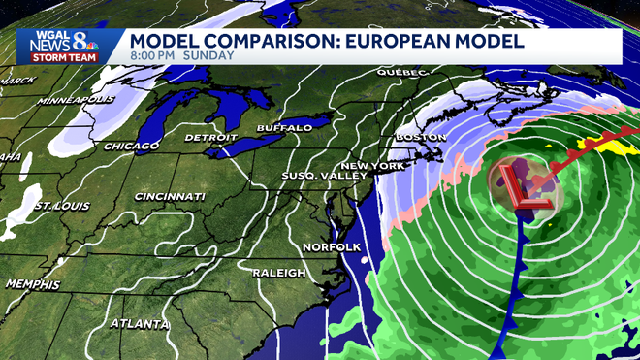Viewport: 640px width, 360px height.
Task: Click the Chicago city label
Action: pos(131,147)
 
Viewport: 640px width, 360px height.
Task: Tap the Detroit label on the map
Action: pos(211,138)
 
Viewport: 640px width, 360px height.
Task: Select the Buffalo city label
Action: pos(284,128)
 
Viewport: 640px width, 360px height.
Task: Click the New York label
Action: pos(373,167)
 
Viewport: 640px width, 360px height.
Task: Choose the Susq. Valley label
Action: pos(323,176)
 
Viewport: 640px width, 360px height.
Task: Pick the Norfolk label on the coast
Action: pos(332,247)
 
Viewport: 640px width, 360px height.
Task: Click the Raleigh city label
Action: pos(279,273)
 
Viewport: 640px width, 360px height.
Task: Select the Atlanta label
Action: pos(136,323)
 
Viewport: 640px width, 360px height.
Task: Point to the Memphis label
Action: pos(31,284)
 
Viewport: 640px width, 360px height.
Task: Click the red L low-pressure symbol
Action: pos(526,188)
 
